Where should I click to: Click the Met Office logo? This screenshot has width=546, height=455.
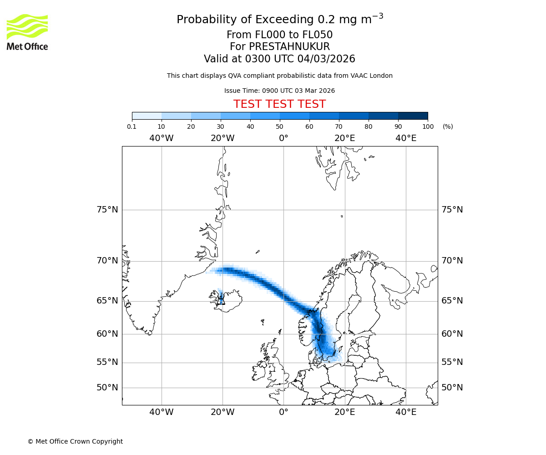pyautogui.click(x=27, y=32)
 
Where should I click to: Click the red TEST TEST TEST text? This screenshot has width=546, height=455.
pyautogui.click(x=279, y=105)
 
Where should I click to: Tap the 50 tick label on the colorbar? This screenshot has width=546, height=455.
pyautogui.click(x=280, y=126)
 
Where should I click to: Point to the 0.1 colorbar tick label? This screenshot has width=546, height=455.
pyautogui.click(x=132, y=126)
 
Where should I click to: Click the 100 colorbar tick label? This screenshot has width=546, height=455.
pyautogui.click(x=428, y=126)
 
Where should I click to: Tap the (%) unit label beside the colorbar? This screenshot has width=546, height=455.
pyautogui.click(x=448, y=126)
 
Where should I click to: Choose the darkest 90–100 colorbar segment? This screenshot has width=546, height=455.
pyautogui.click(x=413, y=116)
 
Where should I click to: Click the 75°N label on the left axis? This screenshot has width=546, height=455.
pyautogui.click(x=107, y=210)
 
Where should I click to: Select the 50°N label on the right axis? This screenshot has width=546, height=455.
pyautogui.click(x=452, y=388)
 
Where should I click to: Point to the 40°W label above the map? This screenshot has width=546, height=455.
pyautogui.click(x=162, y=138)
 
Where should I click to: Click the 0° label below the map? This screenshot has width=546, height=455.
pyautogui.click(x=283, y=412)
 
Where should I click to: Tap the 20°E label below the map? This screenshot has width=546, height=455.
pyautogui.click(x=345, y=412)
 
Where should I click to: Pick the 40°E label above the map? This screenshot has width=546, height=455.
pyautogui.click(x=406, y=138)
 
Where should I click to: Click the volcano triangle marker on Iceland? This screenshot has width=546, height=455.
pyautogui.click(x=222, y=300)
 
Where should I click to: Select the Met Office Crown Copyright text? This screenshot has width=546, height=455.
pyautogui.click(x=75, y=441)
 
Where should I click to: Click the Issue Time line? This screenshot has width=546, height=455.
pyautogui.click(x=279, y=91)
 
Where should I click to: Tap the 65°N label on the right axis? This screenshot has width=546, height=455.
pyautogui.click(x=452, y=301)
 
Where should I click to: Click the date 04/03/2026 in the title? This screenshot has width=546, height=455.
pyautogui.click(x=326, y=59)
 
